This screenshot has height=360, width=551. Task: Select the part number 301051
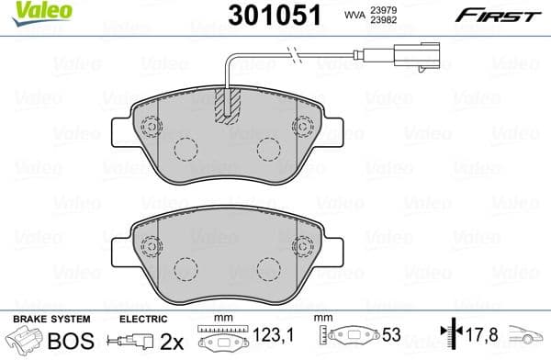[x=266, y=16]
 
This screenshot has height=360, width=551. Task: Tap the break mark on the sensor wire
[x=292, y=60]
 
